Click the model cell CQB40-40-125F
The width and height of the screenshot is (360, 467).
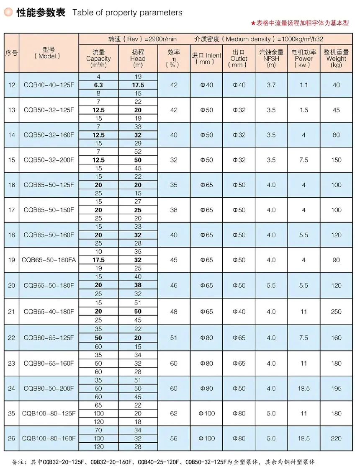pyautogui.click(x=49, y=85)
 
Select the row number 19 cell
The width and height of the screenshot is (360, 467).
pyautogui.click(x=11, y=260)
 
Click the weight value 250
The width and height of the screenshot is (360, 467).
pyautogui.click(x=336, y=312)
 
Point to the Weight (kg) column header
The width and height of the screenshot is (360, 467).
pyautogui.click(x=336, y=59)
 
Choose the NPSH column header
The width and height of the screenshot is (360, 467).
pyautogui.click(x=271, y=59)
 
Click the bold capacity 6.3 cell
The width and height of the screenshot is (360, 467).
pyautogui.click(x=99, y=85)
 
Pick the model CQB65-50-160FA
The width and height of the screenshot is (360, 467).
pyautogui.click(x=49, y=260)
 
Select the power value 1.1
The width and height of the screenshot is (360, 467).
pyautogui.click(x=303, y=85)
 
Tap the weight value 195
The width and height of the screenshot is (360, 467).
pyautogui.click(x=336, y=388)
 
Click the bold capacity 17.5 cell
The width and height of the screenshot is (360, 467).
pyautogui.click(x=99, y=260)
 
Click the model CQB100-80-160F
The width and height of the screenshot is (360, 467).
pyautogui.click(x=49, y=439)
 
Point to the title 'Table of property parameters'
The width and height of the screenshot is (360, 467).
pyautogui.click(x=127, y=13)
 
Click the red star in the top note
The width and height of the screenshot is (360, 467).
pyautogui.click(x=253, y=23)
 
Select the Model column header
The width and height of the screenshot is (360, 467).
pyautogui.click(x=49, y=53)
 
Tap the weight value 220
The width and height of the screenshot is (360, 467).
pyautogui.click(x=336, y=439)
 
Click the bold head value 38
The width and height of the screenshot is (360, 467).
pyautogui.click(x=138, y=285)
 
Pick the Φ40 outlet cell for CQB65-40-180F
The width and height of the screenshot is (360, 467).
pyautogui.click(x=239, y=312)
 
